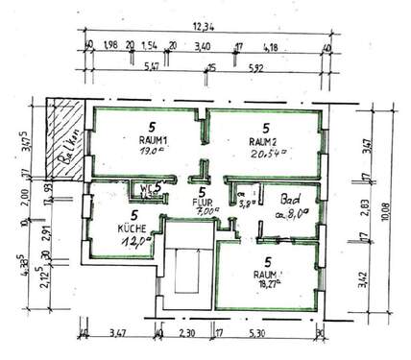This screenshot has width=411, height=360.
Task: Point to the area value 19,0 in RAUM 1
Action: click(x=151, y=151)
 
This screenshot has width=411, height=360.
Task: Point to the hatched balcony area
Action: click(x=63, y=140)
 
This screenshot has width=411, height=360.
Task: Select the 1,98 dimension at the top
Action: click(x=109, y=45)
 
